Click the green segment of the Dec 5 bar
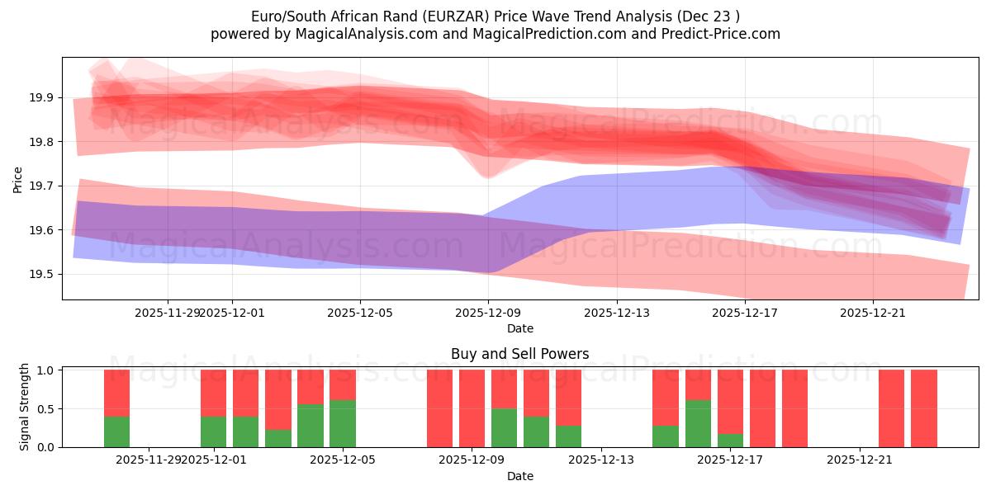tap(343, 423)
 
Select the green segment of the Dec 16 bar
tap(698, 423)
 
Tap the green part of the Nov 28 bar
tap(116, 431)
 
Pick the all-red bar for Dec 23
tap(924, 408)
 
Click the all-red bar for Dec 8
tap(439, 408)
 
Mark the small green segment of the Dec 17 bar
tap(730, 441)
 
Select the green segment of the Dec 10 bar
tap(504, 427)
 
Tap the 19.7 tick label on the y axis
tap(43, 186)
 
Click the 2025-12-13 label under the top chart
tap(616, 313)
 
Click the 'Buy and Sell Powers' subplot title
tap(519, 354)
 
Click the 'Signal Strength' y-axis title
tap(25, 407)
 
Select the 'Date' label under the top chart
tap(519, 328)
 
